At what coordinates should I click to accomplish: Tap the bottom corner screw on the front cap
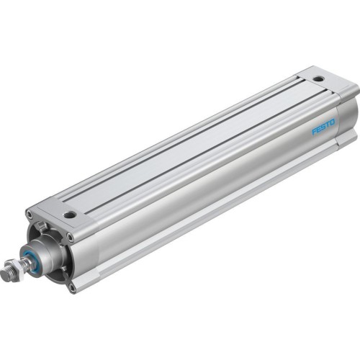(x=72, y=287)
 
